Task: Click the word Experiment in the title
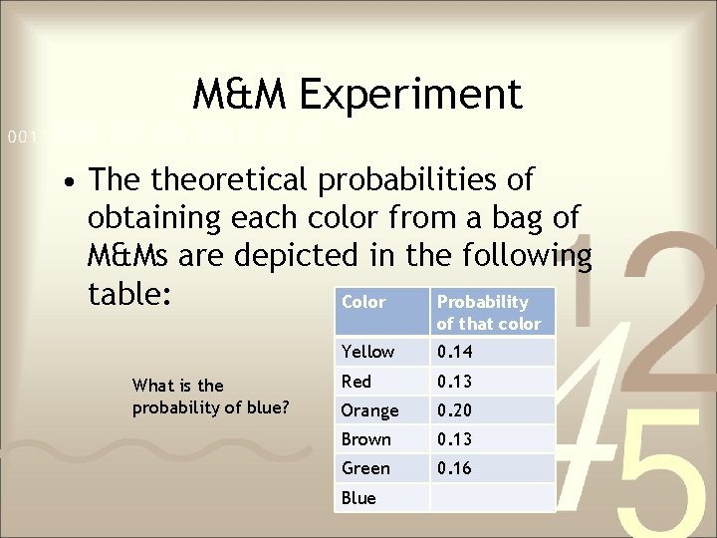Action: (409, 95)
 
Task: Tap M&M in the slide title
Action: (239, 95)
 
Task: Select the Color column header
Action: (363, 302)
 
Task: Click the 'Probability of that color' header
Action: (488, 312)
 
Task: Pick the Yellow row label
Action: (367, 352)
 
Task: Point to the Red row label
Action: (357, 381)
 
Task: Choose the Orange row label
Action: (369, 410)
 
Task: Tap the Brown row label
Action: (366, 439)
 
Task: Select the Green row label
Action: (365, 468)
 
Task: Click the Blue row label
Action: (358, 498)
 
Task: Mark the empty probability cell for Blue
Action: (492, 498)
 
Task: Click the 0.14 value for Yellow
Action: (455, 352)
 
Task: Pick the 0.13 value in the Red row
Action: (455, 381)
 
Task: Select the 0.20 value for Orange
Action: (455, 410)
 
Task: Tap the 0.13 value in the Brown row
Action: (455, 439)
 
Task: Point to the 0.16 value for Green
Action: (455, 468)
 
